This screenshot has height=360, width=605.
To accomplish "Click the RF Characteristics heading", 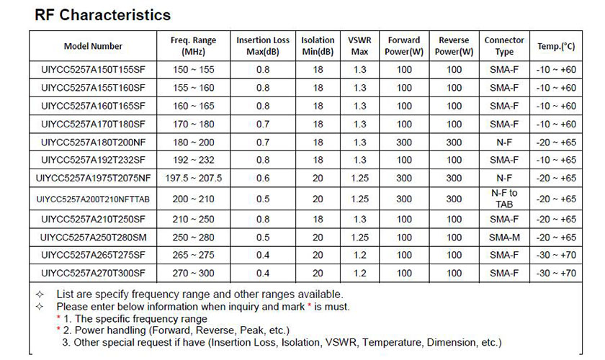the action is (x=102, y=15).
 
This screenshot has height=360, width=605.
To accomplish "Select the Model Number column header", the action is (x=93, y=46).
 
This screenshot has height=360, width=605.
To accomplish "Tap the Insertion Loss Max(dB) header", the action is (x=263, y=46).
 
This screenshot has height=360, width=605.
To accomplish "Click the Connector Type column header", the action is (x=504, y=46).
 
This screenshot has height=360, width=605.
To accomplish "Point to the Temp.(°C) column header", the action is (x=556, y=46).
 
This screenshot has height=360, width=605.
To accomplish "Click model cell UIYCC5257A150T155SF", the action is (x=93, y=70).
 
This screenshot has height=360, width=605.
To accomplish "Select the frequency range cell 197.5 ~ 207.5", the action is (x=193, y=179).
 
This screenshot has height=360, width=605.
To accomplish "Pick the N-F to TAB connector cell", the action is (x=504, y=199).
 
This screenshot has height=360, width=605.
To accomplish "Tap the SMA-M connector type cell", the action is (x=504, y=238).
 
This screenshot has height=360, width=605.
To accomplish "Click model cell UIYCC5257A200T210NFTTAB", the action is (x=93, y=199).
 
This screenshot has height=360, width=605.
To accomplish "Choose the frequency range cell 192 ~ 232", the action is (x=193, y=160).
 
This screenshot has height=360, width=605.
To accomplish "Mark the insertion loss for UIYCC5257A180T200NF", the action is (x=263, y=143).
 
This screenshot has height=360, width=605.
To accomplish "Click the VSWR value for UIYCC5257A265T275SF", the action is (x=359, y=255).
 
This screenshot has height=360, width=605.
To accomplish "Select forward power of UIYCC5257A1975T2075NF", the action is (x=404, y=179).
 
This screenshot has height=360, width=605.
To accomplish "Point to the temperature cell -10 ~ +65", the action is (x=556, y=160).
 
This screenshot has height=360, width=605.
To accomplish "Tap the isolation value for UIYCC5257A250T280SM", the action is (x=318, y=238).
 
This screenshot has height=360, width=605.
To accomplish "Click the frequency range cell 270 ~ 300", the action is (x=193, y=273).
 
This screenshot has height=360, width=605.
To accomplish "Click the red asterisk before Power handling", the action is (x=58, y=329).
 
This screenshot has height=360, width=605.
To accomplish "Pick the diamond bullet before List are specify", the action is (x=40, y=294).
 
